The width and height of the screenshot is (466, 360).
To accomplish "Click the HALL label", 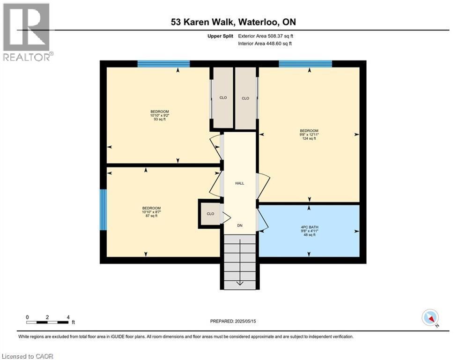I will click(x=240, y=183).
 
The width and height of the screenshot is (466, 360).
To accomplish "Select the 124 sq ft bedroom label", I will click(x=309, y=135).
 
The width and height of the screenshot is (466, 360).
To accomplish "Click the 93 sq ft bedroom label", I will click(x=159, y=115).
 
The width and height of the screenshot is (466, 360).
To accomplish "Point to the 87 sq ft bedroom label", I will click(x=151, y=212).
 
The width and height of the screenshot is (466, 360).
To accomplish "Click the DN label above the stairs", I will click(x=240, y=225).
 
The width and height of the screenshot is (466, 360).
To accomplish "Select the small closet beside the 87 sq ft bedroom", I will click(x=210, y=214).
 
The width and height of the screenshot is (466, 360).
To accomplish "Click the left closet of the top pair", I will click(x=223, y=97).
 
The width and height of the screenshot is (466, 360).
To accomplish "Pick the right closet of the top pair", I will click(x=245, y=97).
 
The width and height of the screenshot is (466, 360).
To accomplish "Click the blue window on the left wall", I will click(x=104, y=210).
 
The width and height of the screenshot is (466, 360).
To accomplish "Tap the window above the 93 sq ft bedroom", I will click(x=163, y=64).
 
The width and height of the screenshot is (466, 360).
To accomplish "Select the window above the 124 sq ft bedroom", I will click(x=305, y=64).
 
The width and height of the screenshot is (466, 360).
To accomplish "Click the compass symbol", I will click(x=429, y=318).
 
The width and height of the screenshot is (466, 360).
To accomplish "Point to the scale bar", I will click(x=48, y=322).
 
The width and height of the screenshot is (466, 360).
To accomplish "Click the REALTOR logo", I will click(x=27, y=32).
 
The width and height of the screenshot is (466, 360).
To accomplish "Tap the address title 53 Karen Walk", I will click(x=233, y=22).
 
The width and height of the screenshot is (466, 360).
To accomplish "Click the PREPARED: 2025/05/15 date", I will click(x=233, y=321).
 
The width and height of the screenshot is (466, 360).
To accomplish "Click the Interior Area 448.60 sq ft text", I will click(x=265, y=44).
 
